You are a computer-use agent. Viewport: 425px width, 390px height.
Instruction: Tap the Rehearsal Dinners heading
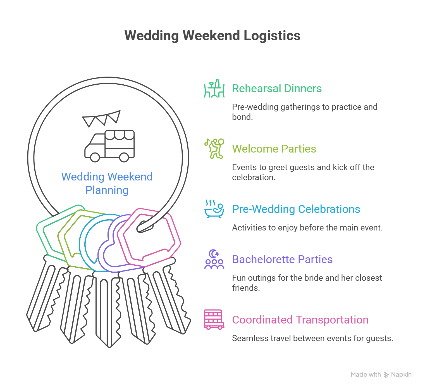point(277,89)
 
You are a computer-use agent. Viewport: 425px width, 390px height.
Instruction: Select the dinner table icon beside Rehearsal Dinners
point(214,89)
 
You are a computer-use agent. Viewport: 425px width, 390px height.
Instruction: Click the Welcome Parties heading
point(274,149)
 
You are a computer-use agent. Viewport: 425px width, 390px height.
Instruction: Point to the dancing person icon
point(214,149)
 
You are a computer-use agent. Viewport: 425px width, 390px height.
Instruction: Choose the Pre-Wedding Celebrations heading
point(296,209)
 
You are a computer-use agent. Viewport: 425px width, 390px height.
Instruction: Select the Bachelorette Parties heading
point(282,260)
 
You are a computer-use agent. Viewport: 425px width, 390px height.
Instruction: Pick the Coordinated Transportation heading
point(300,320)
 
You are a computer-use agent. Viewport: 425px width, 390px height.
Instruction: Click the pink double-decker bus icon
point(214,320)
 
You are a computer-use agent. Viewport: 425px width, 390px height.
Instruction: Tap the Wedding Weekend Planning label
point(107,183)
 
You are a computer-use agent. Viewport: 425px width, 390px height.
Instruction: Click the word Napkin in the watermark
point(401,375)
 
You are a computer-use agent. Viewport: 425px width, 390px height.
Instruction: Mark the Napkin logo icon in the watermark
point(386,375)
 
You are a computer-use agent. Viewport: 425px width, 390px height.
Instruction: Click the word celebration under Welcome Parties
point(253,177)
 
